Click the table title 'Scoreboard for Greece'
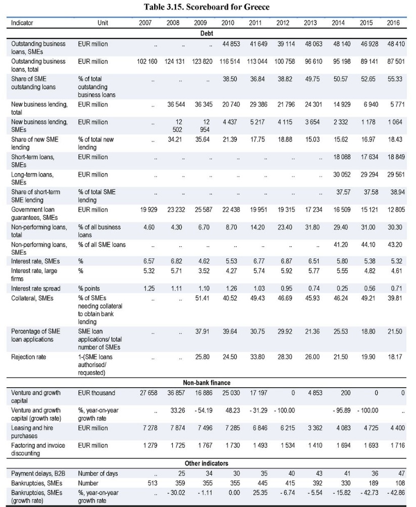coord(227,7)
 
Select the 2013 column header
coord(310,23)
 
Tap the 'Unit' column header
coord(103,23)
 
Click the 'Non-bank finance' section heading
coord(207,383)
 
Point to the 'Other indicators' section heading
coord(207,464)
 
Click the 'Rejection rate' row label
coord(28,357)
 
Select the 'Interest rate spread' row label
coord(35,289)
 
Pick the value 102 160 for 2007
coord(147,62)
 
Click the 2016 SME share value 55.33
coord(395,79)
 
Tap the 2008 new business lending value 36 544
coord(176,105)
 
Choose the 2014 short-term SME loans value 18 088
coord(342,157)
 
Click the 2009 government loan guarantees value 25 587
coord(203,210)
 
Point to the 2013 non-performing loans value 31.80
coord(312,227)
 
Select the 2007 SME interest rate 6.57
coord(149,261)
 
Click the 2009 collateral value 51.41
coord(202,298)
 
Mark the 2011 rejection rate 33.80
coord(257,357)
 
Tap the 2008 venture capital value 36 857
coord(176,393)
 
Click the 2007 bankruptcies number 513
coord(153,483)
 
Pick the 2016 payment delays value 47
coord(401,473)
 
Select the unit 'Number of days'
coord(98,473)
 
